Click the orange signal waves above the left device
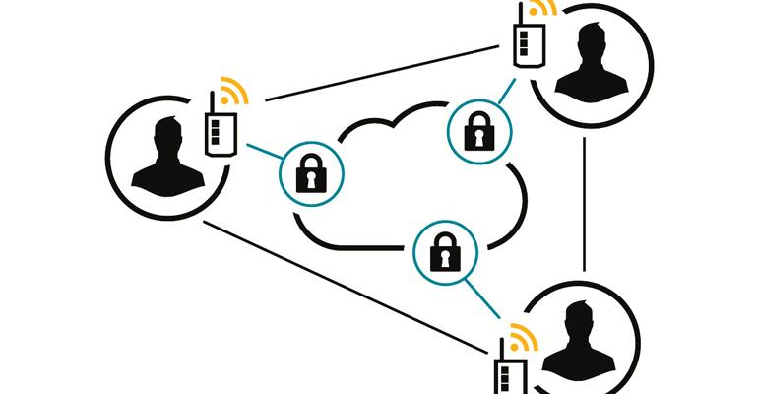coord(232,94)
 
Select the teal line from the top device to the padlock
coord(504,95)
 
